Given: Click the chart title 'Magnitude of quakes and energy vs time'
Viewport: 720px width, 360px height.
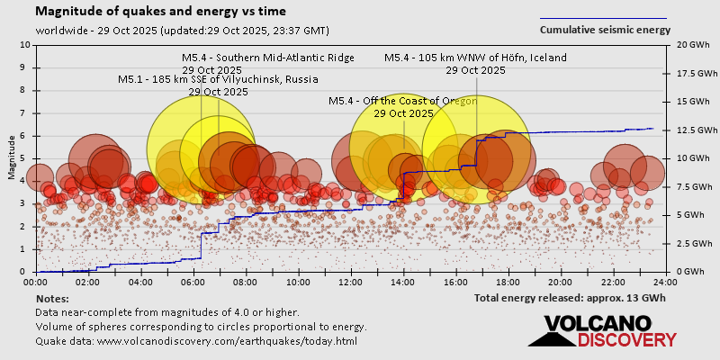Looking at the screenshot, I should tap(161, 12).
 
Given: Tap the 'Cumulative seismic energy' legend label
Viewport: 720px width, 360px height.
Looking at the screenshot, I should tap(605, 29).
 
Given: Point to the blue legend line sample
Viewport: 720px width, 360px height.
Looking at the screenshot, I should tap(603, 18).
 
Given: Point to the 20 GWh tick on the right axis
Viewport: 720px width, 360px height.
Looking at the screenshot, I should tap(688, 44).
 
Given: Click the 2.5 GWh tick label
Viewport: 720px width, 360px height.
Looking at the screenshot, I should tap(688, 244).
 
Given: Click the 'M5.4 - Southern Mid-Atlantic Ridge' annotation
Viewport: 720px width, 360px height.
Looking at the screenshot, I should tap(268, 58).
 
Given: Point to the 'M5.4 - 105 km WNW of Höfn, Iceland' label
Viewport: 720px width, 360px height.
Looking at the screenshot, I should tap(475, 58).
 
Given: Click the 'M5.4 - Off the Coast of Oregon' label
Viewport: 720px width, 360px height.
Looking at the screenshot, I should tap(403, 101).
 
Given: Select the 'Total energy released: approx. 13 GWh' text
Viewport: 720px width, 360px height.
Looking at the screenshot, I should tap(570, 297).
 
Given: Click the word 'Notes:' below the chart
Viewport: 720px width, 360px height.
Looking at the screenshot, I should tap(51, 298).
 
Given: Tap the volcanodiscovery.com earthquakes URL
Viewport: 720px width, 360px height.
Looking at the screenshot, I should tap(197, 341).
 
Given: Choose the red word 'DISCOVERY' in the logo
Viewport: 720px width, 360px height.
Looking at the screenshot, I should tap(626, 339).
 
